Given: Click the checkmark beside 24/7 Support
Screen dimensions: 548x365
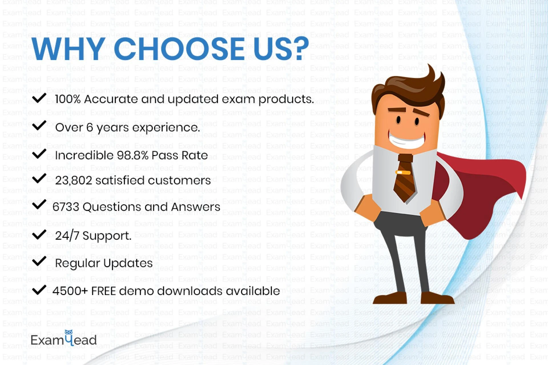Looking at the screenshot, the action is click(x=39, y=234).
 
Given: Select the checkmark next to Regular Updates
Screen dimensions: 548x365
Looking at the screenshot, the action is click(x=39, y=261).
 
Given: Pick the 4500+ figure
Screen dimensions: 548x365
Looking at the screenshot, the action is click(x=70, y=291).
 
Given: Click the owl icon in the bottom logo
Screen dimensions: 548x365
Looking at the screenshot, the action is click(x=68, y=332).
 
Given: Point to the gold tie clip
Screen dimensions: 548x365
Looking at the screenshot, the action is click(x=403, y=172).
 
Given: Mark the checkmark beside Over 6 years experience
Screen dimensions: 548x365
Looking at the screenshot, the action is click(x=39, y=125).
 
